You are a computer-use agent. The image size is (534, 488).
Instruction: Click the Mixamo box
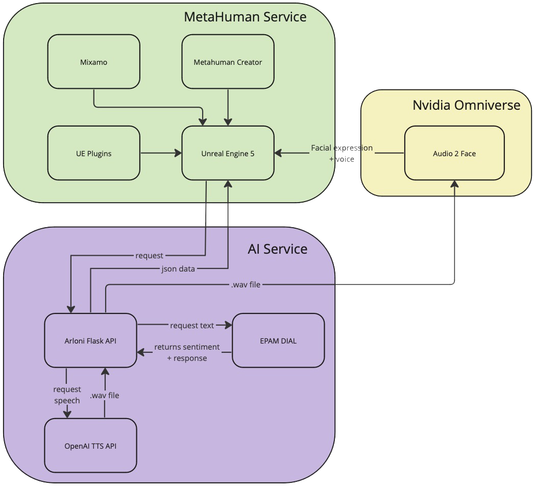pyautogui.click(x=93, y=62)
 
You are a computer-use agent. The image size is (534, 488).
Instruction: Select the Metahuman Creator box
pyautogui.click(x=228, y=62)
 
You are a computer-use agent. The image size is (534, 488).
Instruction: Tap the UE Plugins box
pyautogui.click(x=93, y=153)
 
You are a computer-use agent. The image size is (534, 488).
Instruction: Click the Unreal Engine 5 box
pyautogui.click(x=228, y=153)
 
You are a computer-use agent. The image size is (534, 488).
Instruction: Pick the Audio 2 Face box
pyautogui.click(x=454, y=153)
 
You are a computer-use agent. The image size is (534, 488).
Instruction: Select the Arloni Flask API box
pyautogui.click(x=90, y=340)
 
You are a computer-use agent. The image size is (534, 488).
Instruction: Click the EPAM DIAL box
pyautogui.click(x=278, y=340)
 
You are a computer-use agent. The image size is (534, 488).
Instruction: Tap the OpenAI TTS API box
pyautogui.click(x=90, y=446)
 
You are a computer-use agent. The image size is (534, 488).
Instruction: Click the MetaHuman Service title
pyautogui.click(x=245, y=17)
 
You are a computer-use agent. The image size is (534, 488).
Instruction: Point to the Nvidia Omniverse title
pyautogui.click(x=466, y=105)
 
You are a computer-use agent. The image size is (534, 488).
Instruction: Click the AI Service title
pyautogui.click(x=278, y=249)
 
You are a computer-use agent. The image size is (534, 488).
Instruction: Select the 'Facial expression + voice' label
pyautogui.click(x=342, y=153)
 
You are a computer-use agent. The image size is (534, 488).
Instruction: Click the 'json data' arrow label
pyautogui.click(x=178, y=269)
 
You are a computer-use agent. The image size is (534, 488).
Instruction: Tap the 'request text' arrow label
pyautogui.click(x=192, y=325)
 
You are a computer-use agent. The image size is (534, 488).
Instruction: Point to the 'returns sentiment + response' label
pyautogui.click(x=187, y=352)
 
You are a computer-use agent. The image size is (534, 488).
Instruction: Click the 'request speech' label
pyautogui.click(x=67, y=395)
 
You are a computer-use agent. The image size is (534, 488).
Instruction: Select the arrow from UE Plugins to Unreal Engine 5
pyautogui.click(x=161, y=153)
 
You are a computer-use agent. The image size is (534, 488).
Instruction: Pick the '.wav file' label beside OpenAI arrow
pyautogui.click(x=104, y=395)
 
